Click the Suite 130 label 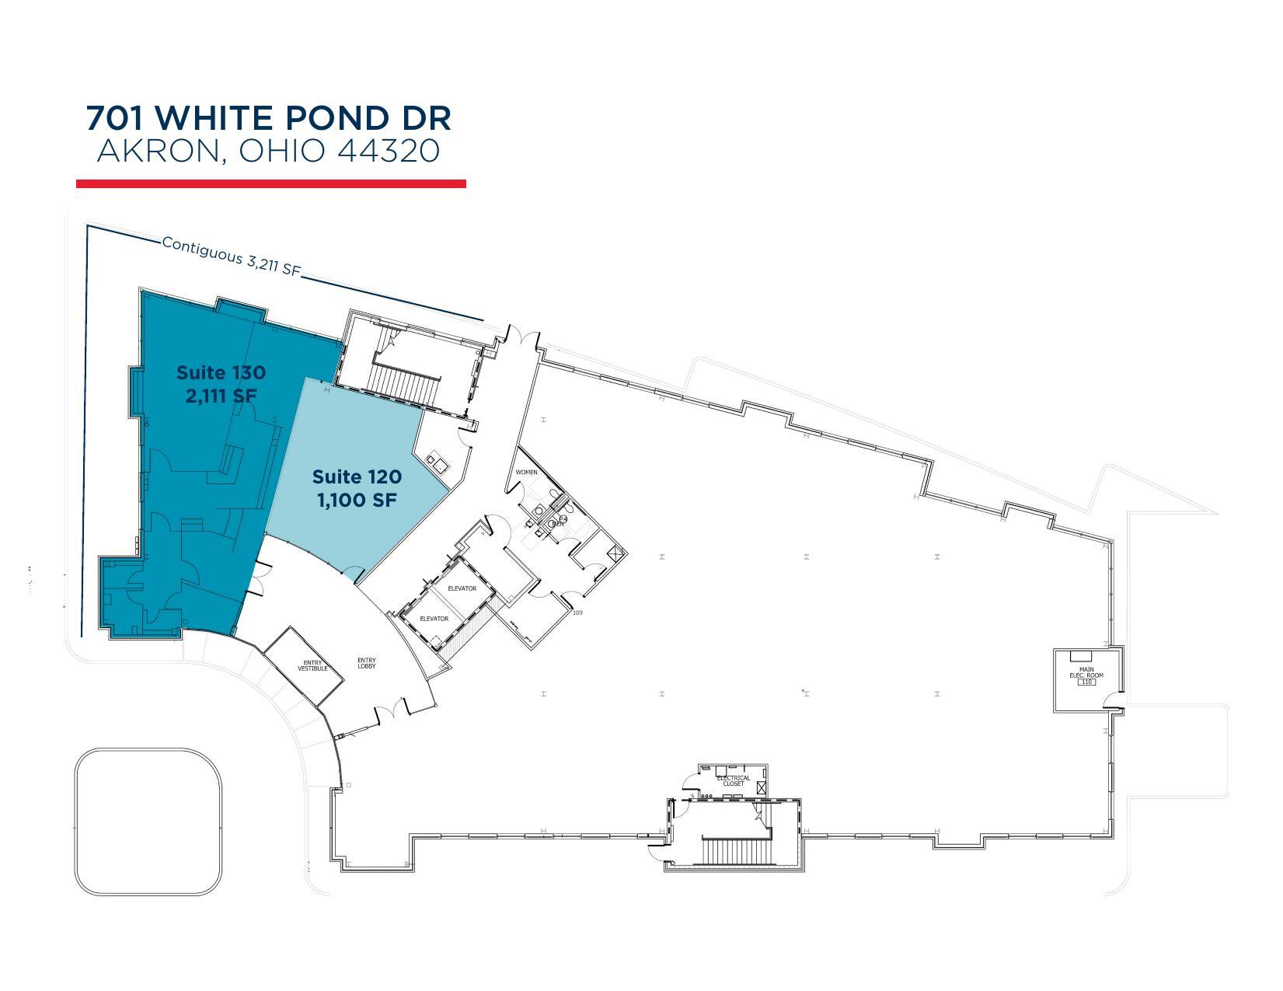click(x=221, y=372)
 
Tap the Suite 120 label click(x=357, y=476)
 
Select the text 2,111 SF click(x=221, y=396)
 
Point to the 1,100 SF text click(x=357, y=500)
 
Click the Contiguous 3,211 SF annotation click(x=231, y=256)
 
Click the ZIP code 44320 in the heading click(x=389, y=150)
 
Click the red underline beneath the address click(x=270, y=183)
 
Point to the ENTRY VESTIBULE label click(x=312, y=666)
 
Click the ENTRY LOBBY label click(x=367, y=663)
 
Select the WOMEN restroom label click(x=526, y=472)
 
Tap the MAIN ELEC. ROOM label click(x=1086, y=673)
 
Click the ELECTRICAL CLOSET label click(x=733, y=780)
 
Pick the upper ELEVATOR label click(x=462, y=588)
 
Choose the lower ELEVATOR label click(x=434, y=619)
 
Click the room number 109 click(x=577, y=613)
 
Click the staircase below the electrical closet click(x=735, y=850)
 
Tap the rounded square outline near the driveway click(x=148, y=822)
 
